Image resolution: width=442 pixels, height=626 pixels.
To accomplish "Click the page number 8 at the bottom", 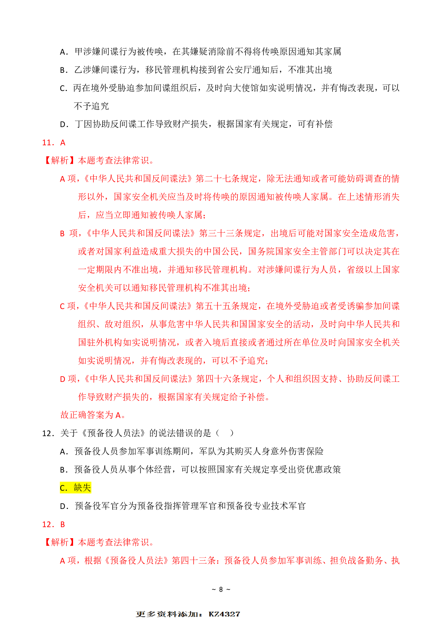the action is pos(221,589).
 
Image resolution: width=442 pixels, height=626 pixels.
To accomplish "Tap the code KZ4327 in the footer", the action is pos(224,614).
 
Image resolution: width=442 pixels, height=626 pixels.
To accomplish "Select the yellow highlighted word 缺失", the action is pos(82,488).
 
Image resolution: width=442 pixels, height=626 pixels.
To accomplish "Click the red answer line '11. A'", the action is pos(54,143).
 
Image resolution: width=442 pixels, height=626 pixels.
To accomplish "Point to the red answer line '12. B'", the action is pos(53,524).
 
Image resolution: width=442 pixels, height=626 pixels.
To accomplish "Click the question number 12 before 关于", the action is pos(47,433).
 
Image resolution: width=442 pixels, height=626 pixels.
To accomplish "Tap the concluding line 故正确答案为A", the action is pos(93,415).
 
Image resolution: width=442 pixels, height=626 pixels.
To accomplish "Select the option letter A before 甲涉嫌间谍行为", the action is pos(63,52).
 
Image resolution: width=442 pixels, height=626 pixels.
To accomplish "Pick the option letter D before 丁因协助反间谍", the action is pos(63,125).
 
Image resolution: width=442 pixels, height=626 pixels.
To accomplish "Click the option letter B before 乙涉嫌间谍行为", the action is pos(63,70).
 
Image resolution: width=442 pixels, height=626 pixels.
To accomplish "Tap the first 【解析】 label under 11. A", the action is pos(60,160).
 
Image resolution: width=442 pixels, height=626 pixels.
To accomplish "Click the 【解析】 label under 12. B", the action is pos(60,542).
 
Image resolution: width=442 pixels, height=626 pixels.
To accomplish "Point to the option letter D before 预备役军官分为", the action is pos(63,506).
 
